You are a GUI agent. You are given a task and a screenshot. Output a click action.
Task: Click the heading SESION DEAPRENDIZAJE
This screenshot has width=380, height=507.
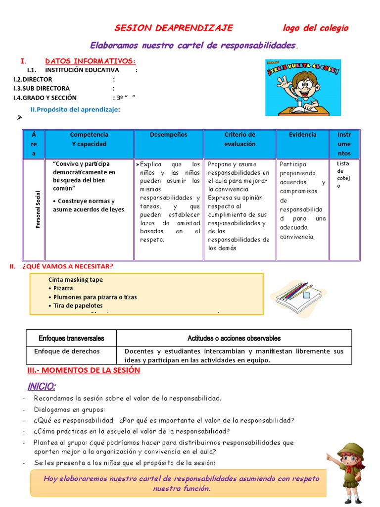click(x=174, y=28)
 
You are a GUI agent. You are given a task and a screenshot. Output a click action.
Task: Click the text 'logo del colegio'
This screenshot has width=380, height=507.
click(x=315, y=28)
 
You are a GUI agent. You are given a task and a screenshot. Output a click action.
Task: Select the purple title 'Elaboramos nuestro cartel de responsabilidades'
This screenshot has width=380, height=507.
click(x=192, y=46)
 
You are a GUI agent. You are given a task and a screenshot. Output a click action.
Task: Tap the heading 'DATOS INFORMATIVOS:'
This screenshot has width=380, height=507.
click(x=90, y=61)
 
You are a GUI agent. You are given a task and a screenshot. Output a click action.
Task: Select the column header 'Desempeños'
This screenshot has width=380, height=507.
click(x=169, y=135)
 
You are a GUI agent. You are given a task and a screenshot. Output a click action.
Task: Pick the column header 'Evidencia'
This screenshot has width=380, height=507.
click(x=302, y=135)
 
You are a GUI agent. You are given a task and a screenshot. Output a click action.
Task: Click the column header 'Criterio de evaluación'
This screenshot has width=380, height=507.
click(x=240, y=139)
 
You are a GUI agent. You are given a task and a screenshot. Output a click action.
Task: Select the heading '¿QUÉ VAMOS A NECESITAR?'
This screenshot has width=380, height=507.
click(x=67, y=266)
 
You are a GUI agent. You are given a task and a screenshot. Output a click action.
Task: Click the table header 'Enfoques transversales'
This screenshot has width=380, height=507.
click(x=71, y=338)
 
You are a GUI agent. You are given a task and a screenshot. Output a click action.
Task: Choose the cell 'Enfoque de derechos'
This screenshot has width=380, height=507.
click(x=67, y=351)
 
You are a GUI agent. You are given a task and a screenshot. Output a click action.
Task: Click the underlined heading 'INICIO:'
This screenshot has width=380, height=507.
click(x=42, y=386)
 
